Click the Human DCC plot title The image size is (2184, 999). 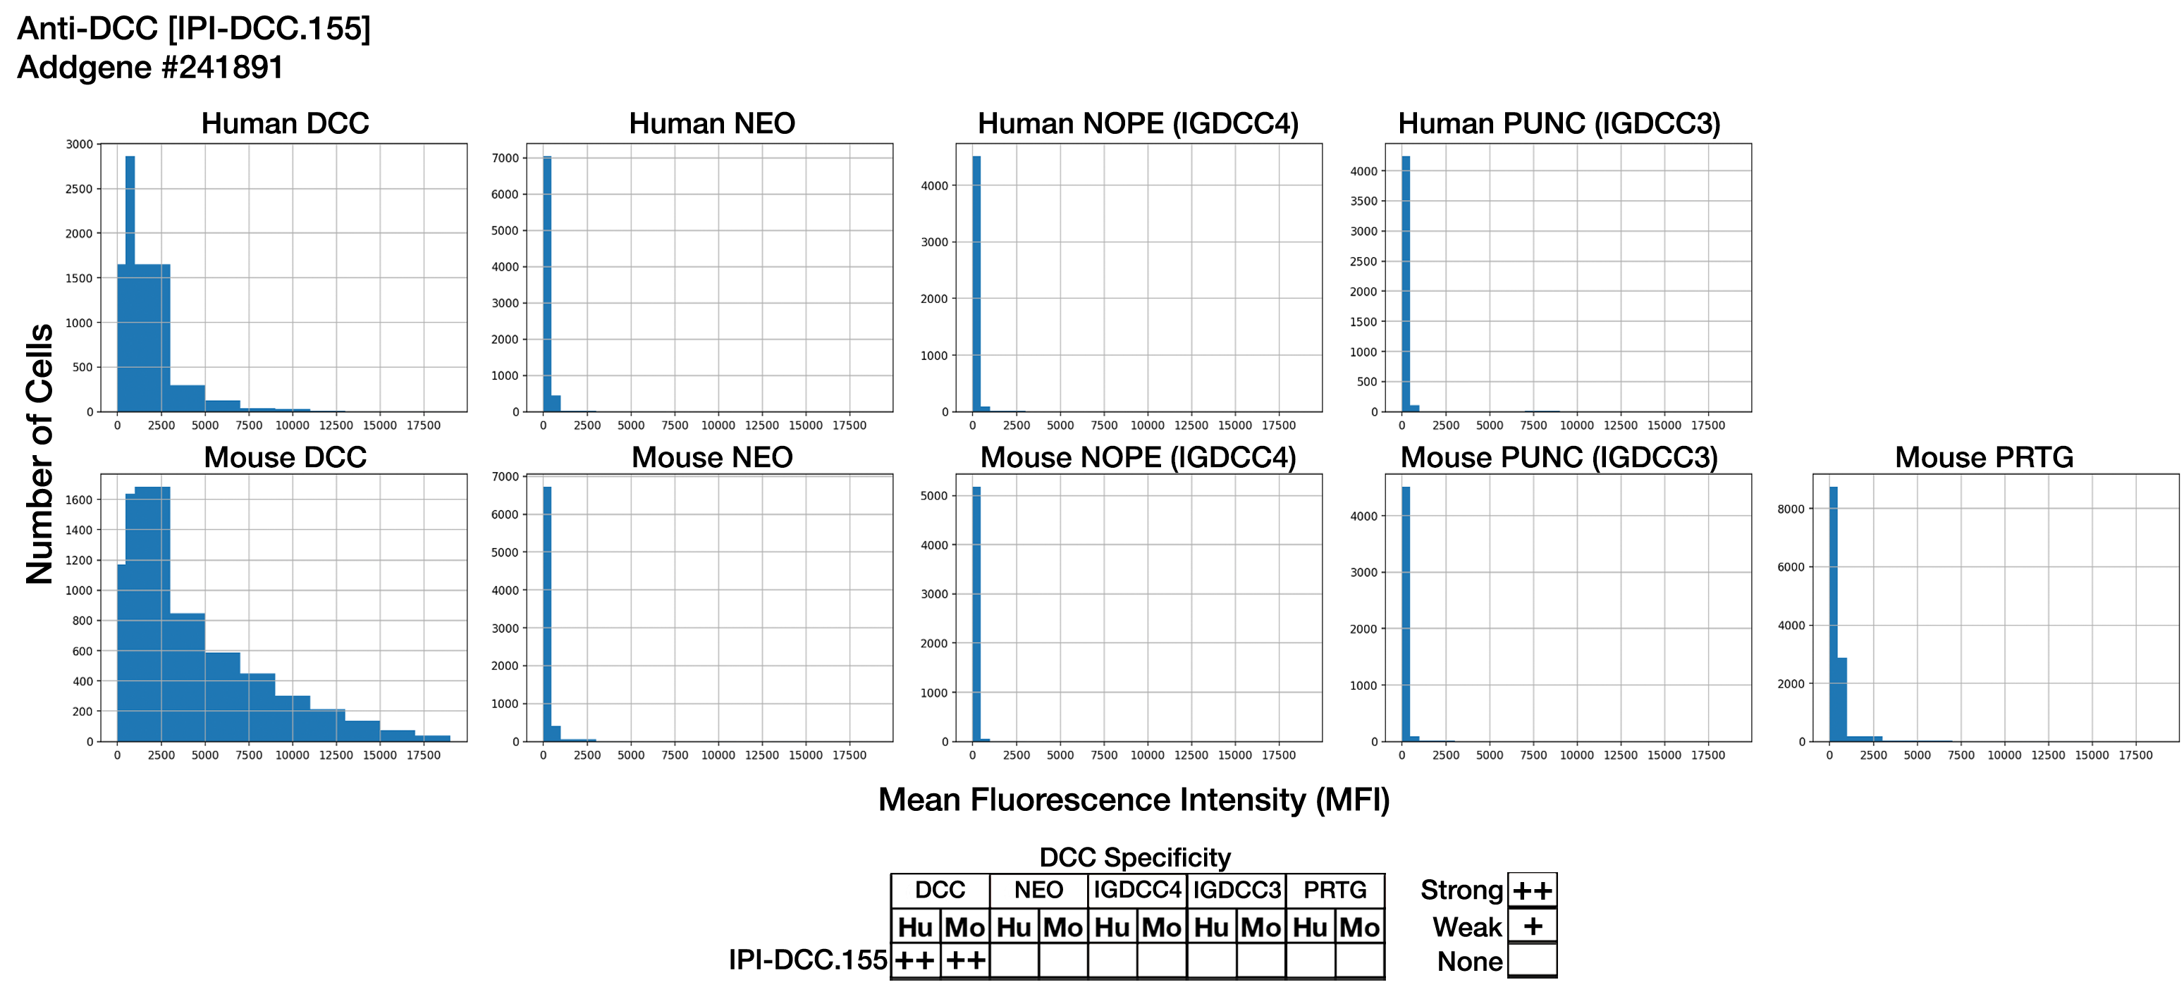click(285, 124)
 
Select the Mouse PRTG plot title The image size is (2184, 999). click(1983, 457)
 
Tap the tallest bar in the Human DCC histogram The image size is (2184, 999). click(130, 280)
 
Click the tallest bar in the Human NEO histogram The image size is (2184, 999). click(547, 280)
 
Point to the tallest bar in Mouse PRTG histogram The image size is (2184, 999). click(1833, 610)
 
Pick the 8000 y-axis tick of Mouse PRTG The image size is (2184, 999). click(1791, 509)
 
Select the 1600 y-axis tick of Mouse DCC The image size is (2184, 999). click(80, 500)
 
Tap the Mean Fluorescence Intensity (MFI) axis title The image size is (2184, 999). click(1134, 800)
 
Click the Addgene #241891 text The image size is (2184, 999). click(150, 68)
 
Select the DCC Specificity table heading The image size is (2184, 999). click(1134, 857)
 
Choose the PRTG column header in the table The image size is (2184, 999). click(1335, 891)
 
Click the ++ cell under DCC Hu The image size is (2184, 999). click(915, 961)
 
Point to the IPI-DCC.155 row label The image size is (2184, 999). click(807, 960)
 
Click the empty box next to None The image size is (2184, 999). click(1532, 961)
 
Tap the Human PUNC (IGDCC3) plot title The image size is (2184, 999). click(1558, 124)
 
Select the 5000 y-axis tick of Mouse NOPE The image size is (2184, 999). click(934, 496)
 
